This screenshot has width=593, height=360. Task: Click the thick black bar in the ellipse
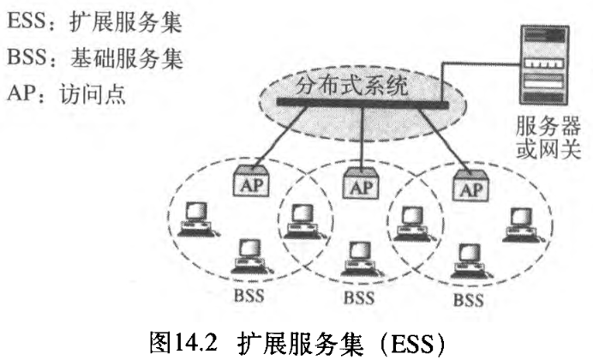click(360, 103)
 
